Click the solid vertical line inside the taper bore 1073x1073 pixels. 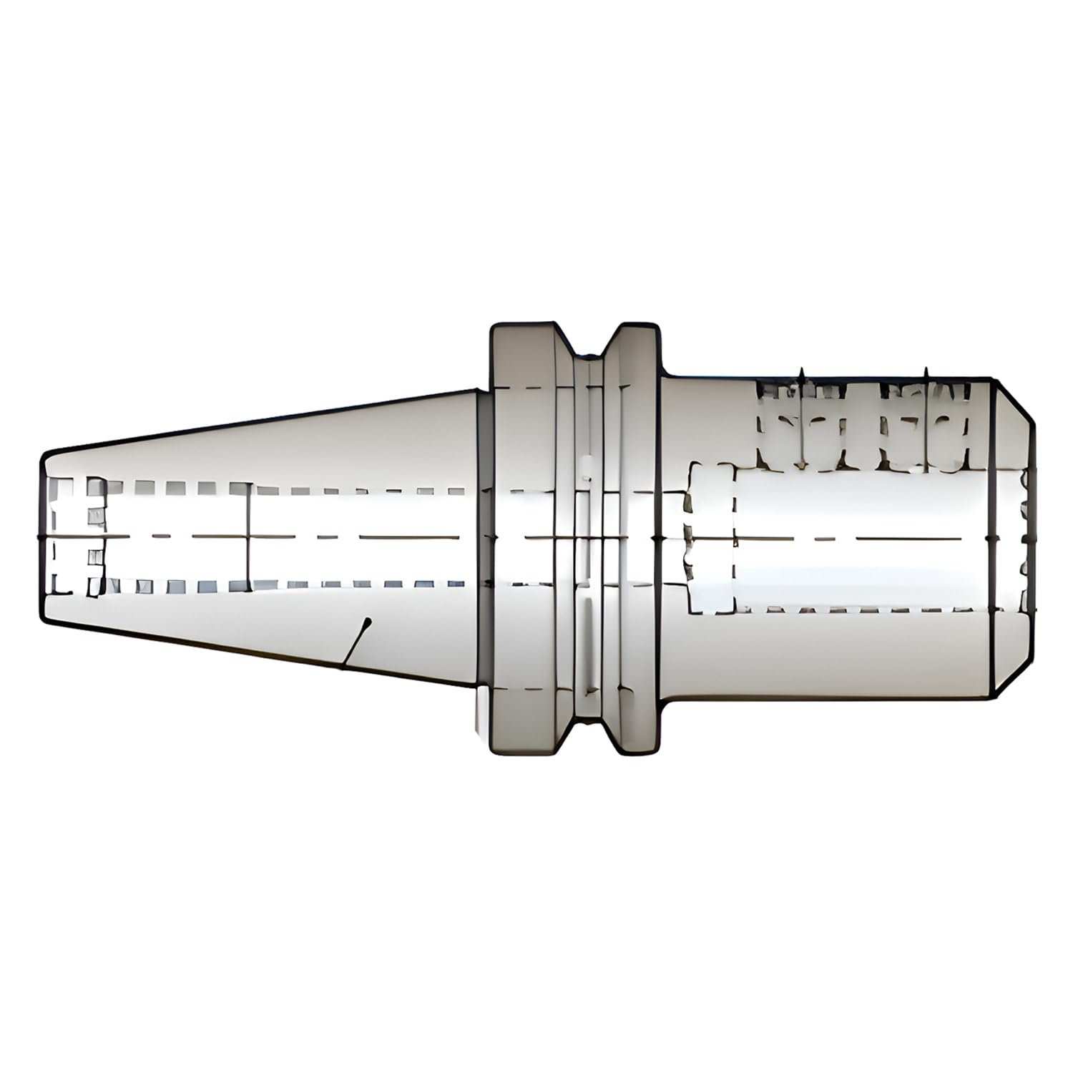click(x=248, y=536)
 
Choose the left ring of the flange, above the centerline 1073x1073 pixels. click(x=522, y=429)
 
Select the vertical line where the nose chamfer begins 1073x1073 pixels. click(x=994, y=536)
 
